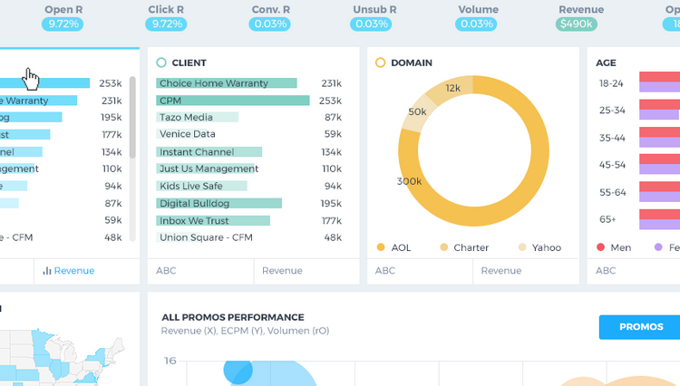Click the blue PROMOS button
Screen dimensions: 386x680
(x=640, y=327)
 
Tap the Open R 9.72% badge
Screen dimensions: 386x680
(x=63, y=24)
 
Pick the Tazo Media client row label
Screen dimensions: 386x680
(x=186, y=118)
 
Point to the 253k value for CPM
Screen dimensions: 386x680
(x=330, y=101)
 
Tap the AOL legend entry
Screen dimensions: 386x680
(x=394, y=247)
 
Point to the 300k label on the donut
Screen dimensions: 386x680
(x=409, y=181)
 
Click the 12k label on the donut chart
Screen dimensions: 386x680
(x=453, y=88)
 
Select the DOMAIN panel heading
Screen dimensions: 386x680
(x=411, y=63)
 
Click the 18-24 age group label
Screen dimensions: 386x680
(x=611, y=83)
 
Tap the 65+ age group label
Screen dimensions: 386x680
(x=607, y=219)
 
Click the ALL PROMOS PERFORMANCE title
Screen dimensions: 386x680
(x=232, y=317)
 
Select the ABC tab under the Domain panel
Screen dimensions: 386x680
(x=385, y=270)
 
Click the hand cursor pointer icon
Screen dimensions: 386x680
(x=32, y=80)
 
